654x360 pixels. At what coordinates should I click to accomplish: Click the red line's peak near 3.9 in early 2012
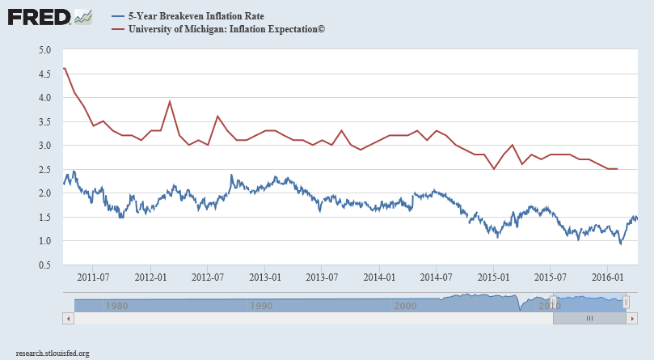click(x=170, y=102)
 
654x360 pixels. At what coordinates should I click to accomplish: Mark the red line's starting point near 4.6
click(x=63, y=68)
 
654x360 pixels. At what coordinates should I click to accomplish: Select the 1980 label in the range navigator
click(x=116, y=306)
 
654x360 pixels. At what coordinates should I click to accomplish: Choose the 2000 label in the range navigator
click(x=405, y=306)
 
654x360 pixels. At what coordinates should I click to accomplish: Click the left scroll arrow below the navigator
click(x=68, y=319)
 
